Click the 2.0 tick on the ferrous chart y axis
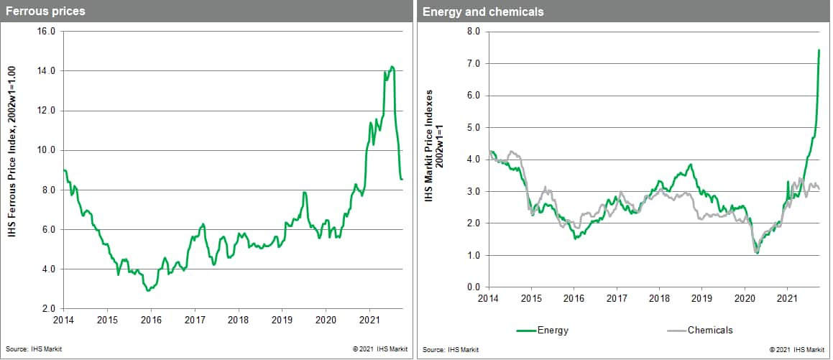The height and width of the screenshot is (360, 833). pos(48,309)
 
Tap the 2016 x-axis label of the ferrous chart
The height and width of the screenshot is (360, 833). pos(151,318)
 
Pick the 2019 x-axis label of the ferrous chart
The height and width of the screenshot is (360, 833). pos(282,318)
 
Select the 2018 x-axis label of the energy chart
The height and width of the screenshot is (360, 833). pos(659,297)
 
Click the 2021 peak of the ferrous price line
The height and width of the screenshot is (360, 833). pos(392,67)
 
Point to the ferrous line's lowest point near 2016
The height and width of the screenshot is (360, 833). pos(147,290)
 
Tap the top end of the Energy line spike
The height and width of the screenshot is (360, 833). pos(819,50)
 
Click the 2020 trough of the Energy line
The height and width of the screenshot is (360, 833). pos(757,253)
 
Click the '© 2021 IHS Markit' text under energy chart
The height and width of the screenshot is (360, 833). pos(796,349)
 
